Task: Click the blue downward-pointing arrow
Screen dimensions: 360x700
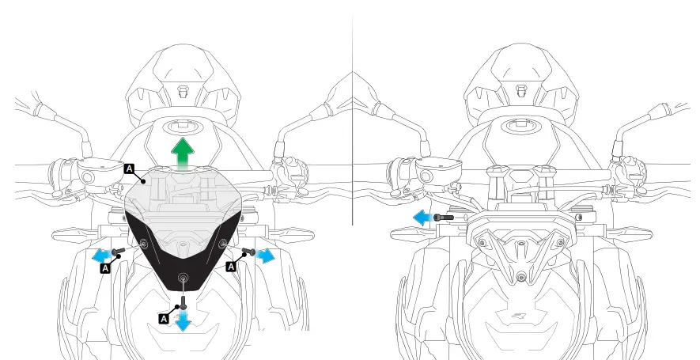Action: click(x=183, y=320)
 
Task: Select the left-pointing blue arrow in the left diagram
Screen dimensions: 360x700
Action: click(x=100, y=255)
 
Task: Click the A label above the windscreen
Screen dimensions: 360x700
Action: click(x=130, y=168)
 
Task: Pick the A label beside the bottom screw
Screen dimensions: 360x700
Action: click(x=165, y=317)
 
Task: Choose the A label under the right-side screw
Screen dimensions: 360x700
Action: click(x=232, y=267)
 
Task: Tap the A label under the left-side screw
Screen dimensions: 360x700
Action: click(x=105, y=268)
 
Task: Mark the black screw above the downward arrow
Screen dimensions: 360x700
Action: click(x=183, y=300)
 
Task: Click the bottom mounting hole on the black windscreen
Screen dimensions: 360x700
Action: click(x=183, y=278)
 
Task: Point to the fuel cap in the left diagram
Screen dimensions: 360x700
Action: click(x=183, y=127)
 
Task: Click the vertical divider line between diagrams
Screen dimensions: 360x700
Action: click(x=352, y=119)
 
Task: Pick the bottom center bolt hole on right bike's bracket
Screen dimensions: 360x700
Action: click(x=520, y=277)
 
